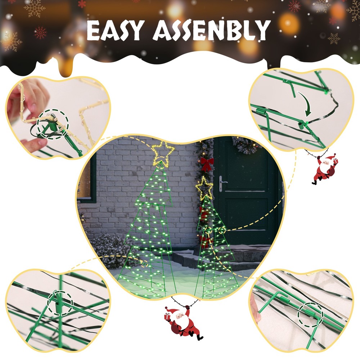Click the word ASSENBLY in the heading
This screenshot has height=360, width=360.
click(x=212, y=30)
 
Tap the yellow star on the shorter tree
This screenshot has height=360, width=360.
click(x=204, y=188)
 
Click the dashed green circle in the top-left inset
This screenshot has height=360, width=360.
click(x=53, y=124)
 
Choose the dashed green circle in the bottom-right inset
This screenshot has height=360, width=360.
click(x=310, y=315)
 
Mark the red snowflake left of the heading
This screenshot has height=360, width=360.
click(x=40, y=33)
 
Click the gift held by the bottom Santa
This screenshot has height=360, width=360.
click(x=167, y=316)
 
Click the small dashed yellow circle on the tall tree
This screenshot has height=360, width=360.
click(x=144, y=264)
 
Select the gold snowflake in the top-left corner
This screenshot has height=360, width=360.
click(x=35, y=9)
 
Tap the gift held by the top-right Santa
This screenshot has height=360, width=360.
click(x=336, y=162)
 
